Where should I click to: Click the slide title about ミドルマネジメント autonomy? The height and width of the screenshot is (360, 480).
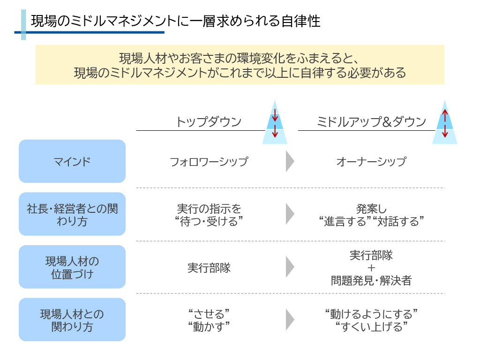click(175, 21)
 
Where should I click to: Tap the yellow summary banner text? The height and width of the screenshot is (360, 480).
click(240, 65)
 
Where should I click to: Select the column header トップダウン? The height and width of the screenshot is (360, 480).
click(209, 121)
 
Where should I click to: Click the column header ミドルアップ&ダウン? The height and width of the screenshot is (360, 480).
click(371, 121)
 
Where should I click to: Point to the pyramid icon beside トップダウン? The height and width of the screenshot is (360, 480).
click(275, 122)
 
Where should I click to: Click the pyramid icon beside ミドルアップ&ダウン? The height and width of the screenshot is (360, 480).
click(445, 122)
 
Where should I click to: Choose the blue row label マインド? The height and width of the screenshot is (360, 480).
click(72, 161)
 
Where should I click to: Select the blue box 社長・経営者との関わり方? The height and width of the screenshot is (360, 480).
click(72, 214)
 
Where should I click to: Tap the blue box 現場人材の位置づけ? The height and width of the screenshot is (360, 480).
click(72, 267)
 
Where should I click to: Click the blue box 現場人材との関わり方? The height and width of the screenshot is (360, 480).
click(72, 320)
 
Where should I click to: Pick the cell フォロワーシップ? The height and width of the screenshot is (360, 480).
click(209, 162)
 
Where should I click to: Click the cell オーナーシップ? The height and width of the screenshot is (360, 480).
click(371, 162)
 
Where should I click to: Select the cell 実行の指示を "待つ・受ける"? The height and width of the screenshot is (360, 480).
click(209, 215)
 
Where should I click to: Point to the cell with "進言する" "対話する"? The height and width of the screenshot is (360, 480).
click(371, 215)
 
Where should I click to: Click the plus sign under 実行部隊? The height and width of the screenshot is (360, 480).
click(371, 268)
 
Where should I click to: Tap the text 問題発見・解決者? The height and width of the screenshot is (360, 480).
click(371, 280)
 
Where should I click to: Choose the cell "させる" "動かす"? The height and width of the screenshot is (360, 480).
click(209, 320)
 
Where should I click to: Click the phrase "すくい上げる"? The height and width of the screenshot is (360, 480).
click(371, 327)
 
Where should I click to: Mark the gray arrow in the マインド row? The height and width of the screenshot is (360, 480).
click(290, 161)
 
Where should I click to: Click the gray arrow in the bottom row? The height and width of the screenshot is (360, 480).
click(290, 320)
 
